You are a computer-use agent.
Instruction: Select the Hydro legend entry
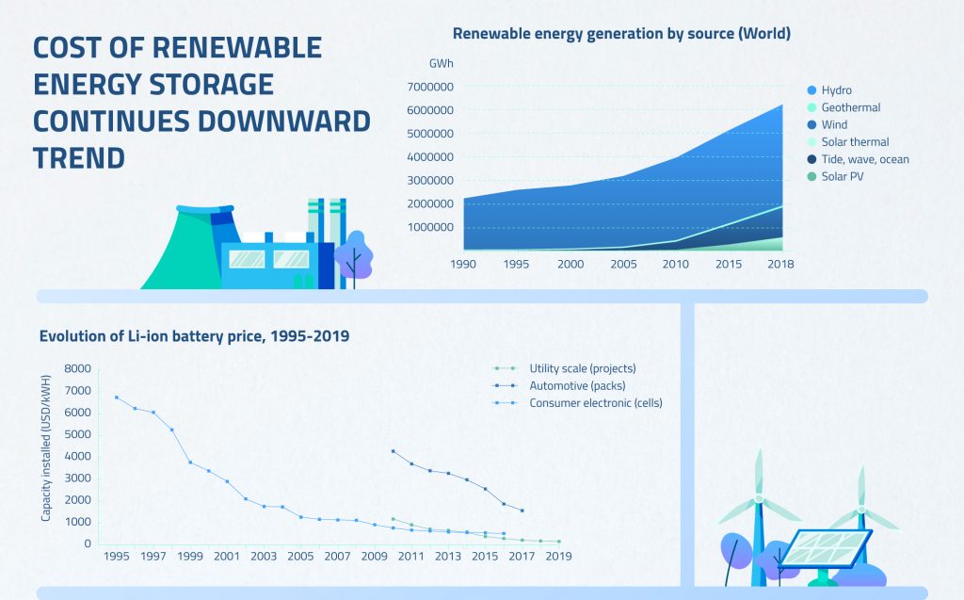836,90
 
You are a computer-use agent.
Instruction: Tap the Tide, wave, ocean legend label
864,159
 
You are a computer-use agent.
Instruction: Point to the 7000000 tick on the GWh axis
431,87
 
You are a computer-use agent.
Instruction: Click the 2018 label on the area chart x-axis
780,265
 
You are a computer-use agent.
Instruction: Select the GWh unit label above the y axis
440,63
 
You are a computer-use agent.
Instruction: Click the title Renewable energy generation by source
621,34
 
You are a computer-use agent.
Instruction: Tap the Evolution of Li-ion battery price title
194,335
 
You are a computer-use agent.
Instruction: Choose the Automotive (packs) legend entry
576,385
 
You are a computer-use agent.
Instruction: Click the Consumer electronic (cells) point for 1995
117,397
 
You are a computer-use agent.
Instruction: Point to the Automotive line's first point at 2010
393,451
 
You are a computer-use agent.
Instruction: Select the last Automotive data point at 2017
522,511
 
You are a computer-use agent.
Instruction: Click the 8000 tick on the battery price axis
79,368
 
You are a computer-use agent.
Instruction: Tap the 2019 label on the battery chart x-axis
558,557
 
